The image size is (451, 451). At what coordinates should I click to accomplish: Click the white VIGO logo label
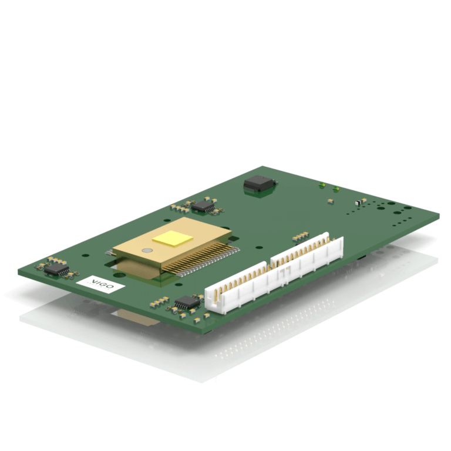[x=101, y=284]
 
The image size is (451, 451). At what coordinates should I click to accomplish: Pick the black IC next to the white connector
[x=187, y=303]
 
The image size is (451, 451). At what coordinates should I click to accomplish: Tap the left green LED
[x=322, y=186]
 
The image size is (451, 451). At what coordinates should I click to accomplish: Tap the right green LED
[x=336, y=189]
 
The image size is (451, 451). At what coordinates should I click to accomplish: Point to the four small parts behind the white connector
[x=300, y=235]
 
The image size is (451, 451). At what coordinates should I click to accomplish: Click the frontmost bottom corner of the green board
[x=208, y=333]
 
